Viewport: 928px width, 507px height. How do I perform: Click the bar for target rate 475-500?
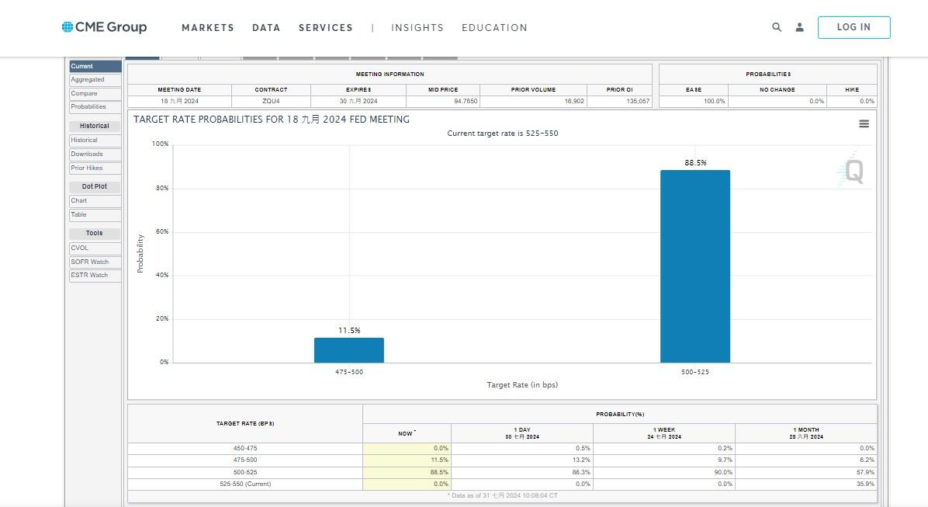tap(348, 350)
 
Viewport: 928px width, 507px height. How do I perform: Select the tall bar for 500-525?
tap(694, 266)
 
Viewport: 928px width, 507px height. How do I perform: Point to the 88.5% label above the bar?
tap(694, 163)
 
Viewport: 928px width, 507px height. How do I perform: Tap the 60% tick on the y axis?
tap(161, 232)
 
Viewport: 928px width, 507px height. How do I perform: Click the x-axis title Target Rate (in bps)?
tap(521, 385)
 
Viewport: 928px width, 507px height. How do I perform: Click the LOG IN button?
tap(854, 27)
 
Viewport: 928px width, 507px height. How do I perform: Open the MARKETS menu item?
tap(207, 28)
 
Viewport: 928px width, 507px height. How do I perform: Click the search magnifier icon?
tap(776, 27)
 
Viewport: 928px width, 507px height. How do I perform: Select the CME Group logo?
tap(105, 27)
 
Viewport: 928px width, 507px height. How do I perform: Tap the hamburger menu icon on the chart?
tap(864, 124)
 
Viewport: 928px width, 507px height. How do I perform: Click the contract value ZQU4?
tap(271, 102)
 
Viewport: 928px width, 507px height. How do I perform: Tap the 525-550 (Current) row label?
tap(244, 484)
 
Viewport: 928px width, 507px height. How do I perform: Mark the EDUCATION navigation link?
tap(494, 28)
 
